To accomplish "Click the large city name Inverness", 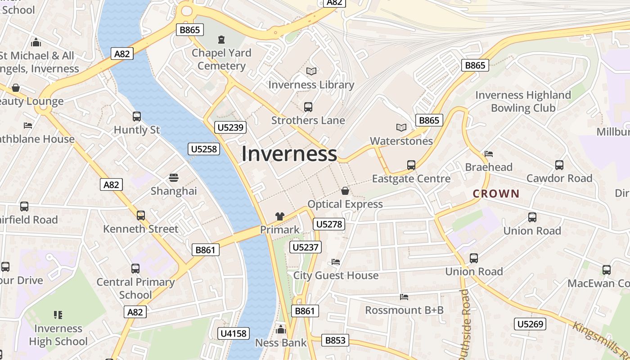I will tap(289, 154).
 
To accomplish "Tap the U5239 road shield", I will tap(230, 127).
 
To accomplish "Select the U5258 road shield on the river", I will tap(204, 148).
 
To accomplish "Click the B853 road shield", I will tap(335, 340).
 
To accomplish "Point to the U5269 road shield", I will tap(530, 324).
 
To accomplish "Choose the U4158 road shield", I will tap(234, 333).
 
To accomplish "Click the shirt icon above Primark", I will tap(280, 216).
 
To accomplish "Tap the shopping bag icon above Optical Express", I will tap(345, 191).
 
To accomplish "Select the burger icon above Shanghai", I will tap(174, 178).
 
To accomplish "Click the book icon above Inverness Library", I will tap(311, 71).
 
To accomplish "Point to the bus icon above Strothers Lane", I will tap(308, 107).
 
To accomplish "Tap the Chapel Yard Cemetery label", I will tap(221, 59).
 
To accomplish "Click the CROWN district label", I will tap(496, 194).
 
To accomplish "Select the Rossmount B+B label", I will tap(404, 310).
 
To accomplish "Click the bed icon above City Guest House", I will tap(336, 262).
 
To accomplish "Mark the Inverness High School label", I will tap(58, 335).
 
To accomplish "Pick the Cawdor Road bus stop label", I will tap(559, 178).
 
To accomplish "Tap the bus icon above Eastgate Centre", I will tap(411, 165).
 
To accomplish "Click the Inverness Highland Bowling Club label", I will tap(523, 101).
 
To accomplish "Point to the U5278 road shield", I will tap(329, 224).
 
